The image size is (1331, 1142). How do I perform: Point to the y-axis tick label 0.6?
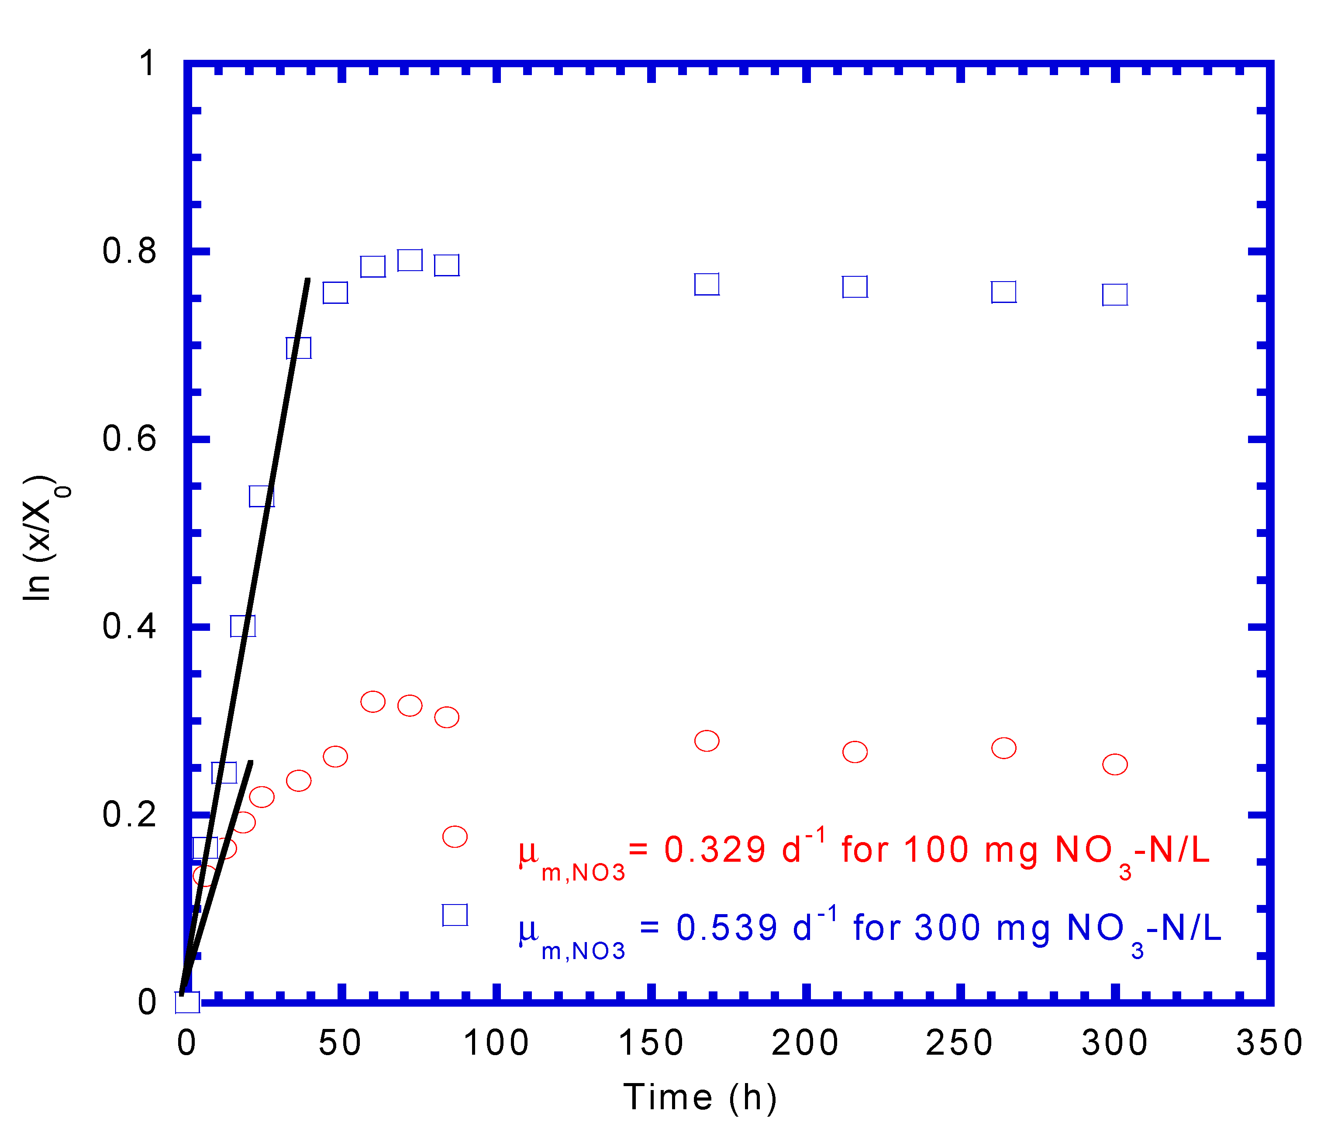click(x=129, y=439)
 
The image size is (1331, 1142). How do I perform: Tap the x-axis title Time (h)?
click(x=700, y=1097)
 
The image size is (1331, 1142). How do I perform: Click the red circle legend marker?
click(x=455, y=836)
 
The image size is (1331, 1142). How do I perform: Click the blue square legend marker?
click(x=455, y=915)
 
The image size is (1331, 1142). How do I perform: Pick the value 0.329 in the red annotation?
click(x=714, y=850)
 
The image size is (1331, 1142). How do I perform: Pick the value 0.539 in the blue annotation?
click(x=726, y=928)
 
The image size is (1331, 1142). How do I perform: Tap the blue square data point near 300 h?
click(x=1114, y=295)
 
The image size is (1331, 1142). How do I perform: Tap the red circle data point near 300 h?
click(x=1114, y=764)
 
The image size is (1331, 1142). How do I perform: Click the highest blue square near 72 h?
click(x=410, y=260)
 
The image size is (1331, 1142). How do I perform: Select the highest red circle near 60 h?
click(x=372, y=702)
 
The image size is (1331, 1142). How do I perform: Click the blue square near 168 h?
click(x=707, y=284)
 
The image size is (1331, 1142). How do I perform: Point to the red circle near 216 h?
click(x=854, y=751)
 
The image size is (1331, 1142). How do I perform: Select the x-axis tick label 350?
click(x=1269, y=1043)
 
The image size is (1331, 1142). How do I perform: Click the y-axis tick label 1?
click(x=148, y=64)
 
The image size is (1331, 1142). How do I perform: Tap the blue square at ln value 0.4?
click(x=243, y=626)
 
